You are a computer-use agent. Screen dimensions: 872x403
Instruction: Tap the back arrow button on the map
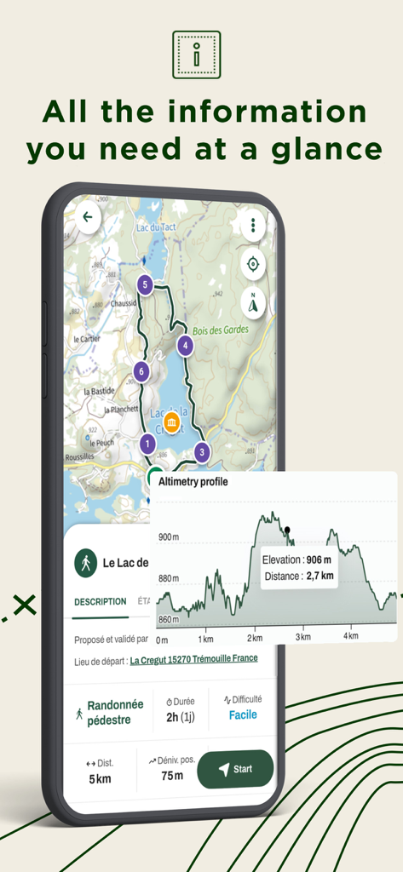click(x=88, y=217)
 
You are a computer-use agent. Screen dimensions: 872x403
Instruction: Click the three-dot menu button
click(x=252, y=227)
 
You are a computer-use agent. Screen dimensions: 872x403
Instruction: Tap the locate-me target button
click(x=252, y=264)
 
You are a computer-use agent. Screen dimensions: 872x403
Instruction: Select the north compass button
click(x=252, y=302)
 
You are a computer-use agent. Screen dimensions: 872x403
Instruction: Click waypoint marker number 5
click(x=146, y=284)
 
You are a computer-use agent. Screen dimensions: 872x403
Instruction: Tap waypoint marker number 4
click(x=185, y=346)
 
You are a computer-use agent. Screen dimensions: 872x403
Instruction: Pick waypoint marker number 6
click(x=142, y=371)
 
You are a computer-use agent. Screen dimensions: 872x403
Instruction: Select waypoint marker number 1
click(x=147, y=444)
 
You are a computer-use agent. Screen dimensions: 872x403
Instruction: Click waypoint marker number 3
click(x=202, y=452)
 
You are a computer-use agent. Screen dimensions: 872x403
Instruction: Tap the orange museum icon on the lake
click(x=171, y=423)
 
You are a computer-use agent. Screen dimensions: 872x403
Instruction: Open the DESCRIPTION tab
click(x=100, y=602)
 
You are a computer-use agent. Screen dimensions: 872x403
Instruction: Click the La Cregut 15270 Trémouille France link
click(x=193, y=659)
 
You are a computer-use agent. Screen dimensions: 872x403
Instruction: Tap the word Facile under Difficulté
click(x=242, y=715)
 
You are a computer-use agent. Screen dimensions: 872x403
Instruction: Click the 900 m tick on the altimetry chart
click(x=169, y=536)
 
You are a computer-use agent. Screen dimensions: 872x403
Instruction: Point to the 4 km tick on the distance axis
click(x=348, y=637)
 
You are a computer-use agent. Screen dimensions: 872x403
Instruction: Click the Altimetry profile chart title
click(x=193, y=482)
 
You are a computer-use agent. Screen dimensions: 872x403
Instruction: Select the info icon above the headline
click(x=197, y=54)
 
